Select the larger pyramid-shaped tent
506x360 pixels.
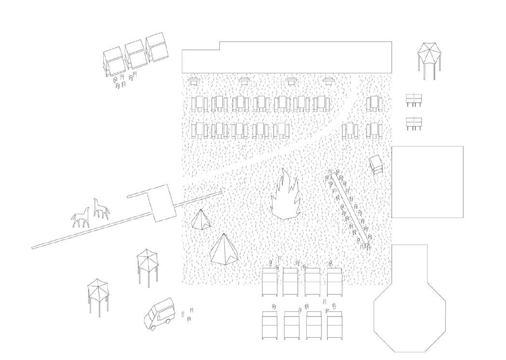[x=224, y=249]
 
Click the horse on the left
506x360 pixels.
[x=81, y=218]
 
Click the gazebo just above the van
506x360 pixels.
[x=147, y=264]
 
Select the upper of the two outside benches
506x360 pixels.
[x=414, y=99]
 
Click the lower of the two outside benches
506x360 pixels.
[x=414, y=123]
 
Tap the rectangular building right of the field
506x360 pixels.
[x=427, y=181]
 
